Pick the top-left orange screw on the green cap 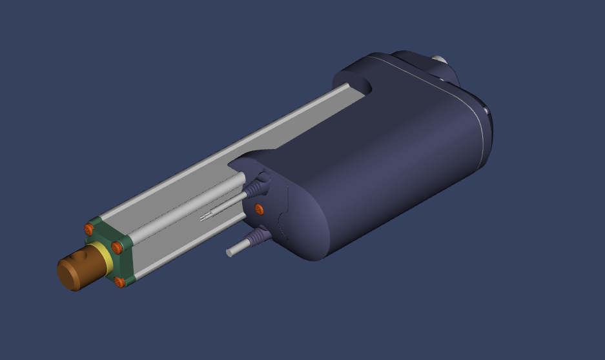[89, 228]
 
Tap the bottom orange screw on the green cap [119, 282]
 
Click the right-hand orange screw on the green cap [117, 247]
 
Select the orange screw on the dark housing [259, 208]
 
